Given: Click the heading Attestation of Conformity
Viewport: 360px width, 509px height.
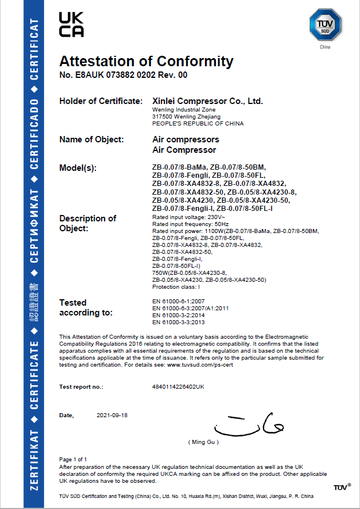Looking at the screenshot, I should coord(146,61).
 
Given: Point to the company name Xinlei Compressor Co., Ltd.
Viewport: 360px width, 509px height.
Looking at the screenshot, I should coord(207,101).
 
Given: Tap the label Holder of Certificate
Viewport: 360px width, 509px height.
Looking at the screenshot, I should coord(100,102).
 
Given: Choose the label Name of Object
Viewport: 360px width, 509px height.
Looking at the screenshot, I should coord(91,139).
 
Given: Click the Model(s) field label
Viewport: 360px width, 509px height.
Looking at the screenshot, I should coord(78,168).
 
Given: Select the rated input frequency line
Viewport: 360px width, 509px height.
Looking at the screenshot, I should coord(182,224).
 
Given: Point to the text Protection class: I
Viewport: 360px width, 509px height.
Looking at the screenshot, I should coord(176,287).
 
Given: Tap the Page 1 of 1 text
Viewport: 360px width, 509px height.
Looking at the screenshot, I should coord(73,460).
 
